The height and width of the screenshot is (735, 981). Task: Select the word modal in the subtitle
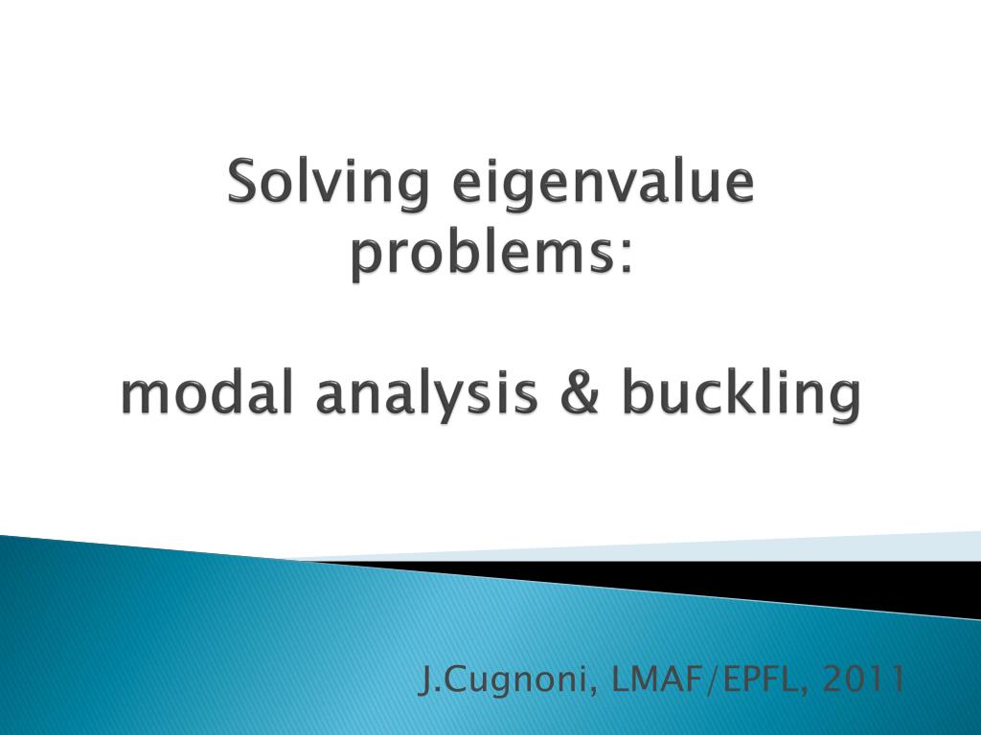[205, 393]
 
